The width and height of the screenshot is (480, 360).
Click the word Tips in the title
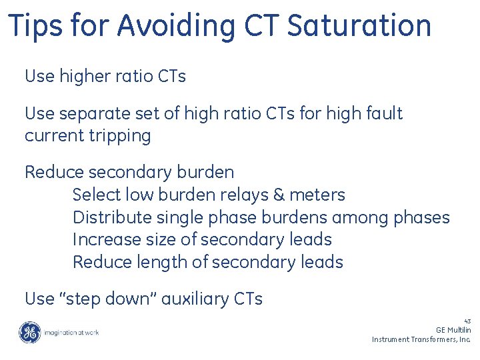point(35,25)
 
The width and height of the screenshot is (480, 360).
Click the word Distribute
point(112,217)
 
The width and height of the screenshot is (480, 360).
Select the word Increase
point(104,239)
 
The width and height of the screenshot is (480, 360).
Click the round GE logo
point(29,332)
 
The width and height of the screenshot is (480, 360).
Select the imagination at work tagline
point(72,332)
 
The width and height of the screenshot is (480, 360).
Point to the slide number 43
point(467,321)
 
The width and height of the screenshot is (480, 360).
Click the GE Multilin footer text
point(453,330)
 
